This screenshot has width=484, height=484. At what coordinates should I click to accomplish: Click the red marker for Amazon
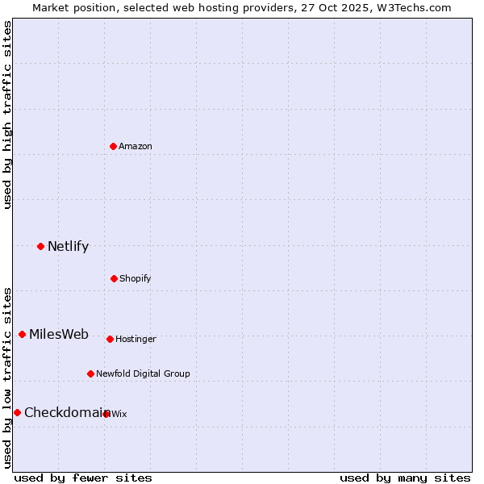click(114, 146)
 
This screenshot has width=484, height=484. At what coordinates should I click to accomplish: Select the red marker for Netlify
click(40, 246)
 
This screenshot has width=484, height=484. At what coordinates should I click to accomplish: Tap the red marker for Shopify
click(114, 278)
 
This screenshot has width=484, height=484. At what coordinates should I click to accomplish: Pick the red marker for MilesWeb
click(22, 334)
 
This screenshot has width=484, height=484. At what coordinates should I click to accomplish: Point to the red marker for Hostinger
click(110, 339)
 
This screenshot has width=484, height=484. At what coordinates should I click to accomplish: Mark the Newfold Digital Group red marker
click(90, 373)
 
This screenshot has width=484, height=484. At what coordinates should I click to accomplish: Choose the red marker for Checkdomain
click(17, 412)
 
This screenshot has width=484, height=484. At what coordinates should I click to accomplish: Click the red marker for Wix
click(106, 414)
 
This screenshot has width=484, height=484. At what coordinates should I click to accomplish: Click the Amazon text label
click(136, 147)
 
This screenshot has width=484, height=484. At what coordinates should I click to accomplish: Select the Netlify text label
click(68, 247)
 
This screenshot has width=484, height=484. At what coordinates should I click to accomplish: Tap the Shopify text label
click(136, 279)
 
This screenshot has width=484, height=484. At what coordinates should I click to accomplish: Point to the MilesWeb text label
click(59, 335)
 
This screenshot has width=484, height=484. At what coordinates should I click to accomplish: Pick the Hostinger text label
click(136, 340)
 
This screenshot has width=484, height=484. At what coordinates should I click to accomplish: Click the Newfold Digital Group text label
click(143, 374)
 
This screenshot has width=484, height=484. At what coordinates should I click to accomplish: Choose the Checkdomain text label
click(66, 413)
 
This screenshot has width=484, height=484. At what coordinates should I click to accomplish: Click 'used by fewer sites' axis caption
click(83, 478)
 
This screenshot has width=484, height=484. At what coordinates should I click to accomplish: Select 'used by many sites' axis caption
click(405, 478)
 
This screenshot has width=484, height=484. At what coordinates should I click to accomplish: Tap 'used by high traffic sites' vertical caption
click(7, 115)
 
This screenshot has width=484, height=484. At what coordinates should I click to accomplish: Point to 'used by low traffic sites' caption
click(7, 378)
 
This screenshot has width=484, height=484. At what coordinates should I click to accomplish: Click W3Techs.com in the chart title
click(411, 7)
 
